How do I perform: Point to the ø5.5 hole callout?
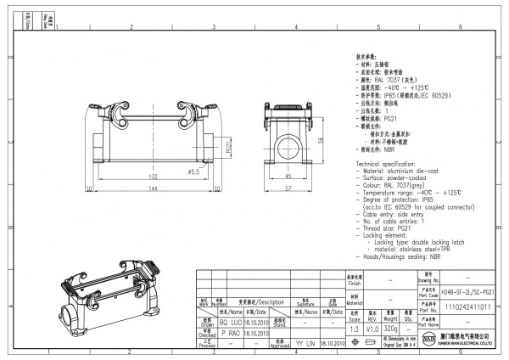[x=193, y=172]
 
